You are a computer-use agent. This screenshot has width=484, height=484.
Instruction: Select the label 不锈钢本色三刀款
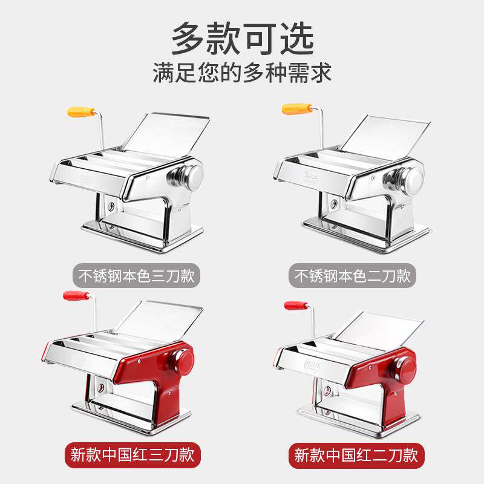pyautogui.click(x=137, y=276)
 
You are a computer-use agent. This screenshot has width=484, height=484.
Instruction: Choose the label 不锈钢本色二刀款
pyautogui.click(x=353, y=276)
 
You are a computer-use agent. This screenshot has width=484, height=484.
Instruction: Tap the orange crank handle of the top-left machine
pyautogui.click(x=81, y=112)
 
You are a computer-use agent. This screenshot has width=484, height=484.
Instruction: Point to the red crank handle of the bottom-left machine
pyautogui.click(x=76, y=296)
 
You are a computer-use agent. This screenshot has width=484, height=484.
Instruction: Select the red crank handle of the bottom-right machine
pyautogui.click(x=297, y=306)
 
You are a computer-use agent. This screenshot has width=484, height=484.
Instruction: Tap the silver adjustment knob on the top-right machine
pyautogui.click(x=408, y=179)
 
